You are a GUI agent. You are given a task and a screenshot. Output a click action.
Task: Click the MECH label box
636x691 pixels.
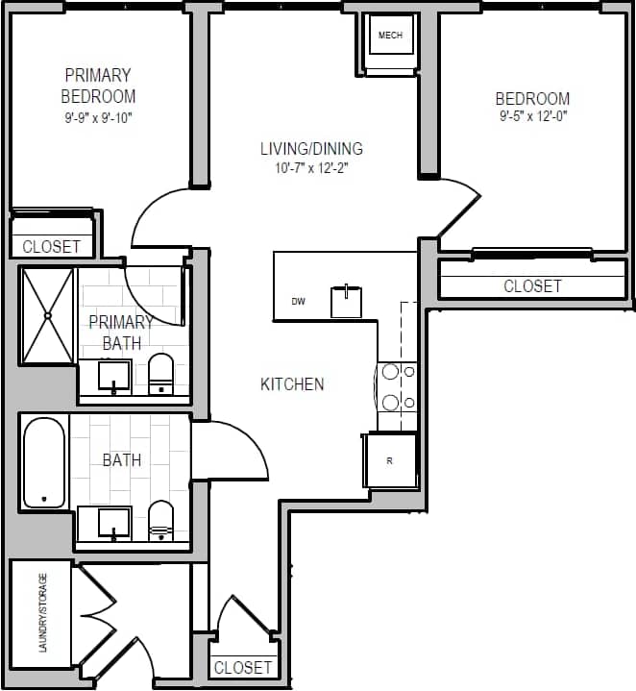[x=390, y=37]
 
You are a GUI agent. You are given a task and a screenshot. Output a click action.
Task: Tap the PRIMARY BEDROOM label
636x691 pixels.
[x=98, y=86]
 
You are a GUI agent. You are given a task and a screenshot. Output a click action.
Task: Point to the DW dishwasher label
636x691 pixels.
[x=299, y=302]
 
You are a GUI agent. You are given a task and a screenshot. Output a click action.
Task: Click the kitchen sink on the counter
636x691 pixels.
[x=346, y=302]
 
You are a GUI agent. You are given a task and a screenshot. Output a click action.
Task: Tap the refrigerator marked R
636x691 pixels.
[x=389, y=460]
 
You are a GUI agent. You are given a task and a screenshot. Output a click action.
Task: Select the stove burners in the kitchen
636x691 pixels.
[x=396, y=386]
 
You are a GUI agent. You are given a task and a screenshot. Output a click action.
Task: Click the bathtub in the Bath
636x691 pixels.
[x=43, y=462]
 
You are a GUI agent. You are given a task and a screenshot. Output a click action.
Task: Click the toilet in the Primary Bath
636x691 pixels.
[x=160, y=374]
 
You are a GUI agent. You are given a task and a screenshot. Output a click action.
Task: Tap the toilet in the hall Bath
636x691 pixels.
[x=160, y=520]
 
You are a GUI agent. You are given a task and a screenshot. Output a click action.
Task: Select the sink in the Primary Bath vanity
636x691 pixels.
[x=114, y=376]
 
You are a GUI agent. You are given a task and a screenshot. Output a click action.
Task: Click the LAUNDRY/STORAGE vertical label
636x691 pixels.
[x=42, y=613]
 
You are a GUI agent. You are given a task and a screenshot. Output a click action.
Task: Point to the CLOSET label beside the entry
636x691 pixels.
[x=243, y=667]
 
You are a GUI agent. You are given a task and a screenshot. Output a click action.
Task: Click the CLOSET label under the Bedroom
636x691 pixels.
[x=532, y=285]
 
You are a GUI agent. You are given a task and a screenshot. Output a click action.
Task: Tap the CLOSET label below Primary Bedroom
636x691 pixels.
[x=52, y=246]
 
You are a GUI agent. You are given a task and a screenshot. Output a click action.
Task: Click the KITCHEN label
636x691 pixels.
[x=292, y=384]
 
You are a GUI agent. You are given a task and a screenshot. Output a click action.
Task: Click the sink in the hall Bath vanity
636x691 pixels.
[x=114, y=522]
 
